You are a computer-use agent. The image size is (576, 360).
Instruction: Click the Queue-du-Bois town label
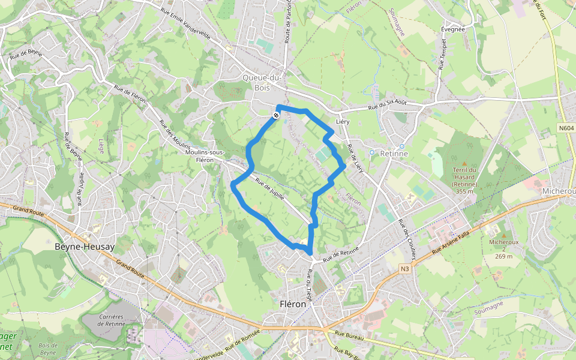[262, 82]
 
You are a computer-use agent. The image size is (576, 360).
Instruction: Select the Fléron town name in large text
[293, 304]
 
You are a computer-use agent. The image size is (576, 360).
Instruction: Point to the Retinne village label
[394, 153]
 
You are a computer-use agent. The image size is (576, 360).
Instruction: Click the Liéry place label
[343, 121]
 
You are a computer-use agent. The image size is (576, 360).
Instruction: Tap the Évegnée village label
[453, 29]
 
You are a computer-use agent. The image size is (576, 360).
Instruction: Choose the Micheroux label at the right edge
[559, 191]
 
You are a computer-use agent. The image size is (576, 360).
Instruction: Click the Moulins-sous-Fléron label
[205, 156]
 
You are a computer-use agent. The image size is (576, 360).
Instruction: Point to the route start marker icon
[276, 115]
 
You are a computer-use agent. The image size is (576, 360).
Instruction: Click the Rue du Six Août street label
[387, 105]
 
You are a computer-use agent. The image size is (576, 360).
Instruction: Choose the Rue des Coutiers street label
[407, 235]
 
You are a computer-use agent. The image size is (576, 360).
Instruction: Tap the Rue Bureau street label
[347, 334]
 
